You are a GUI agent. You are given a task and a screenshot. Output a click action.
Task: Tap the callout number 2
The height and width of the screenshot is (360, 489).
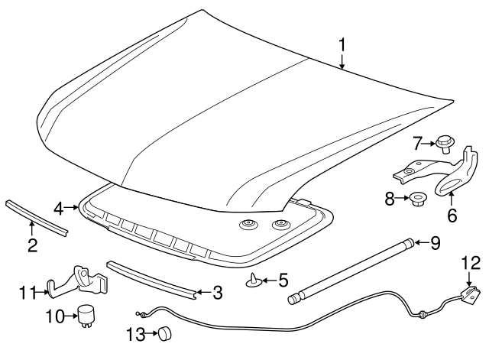[x=32, y=245]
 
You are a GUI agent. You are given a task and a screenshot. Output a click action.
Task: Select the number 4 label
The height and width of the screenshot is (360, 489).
[x=60, y=207]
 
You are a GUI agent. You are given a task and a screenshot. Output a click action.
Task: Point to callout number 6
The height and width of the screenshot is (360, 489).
[x=452, y=216]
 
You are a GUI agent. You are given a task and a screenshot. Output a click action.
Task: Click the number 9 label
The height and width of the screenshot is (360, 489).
[x=435, y=243]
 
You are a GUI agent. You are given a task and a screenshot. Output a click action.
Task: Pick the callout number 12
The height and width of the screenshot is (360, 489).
[x=471, y=264]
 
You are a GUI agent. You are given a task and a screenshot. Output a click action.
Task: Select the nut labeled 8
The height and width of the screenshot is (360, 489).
[x=417, y=201]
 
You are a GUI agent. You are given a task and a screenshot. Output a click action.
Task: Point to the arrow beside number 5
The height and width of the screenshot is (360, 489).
[x=267, y=281]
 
